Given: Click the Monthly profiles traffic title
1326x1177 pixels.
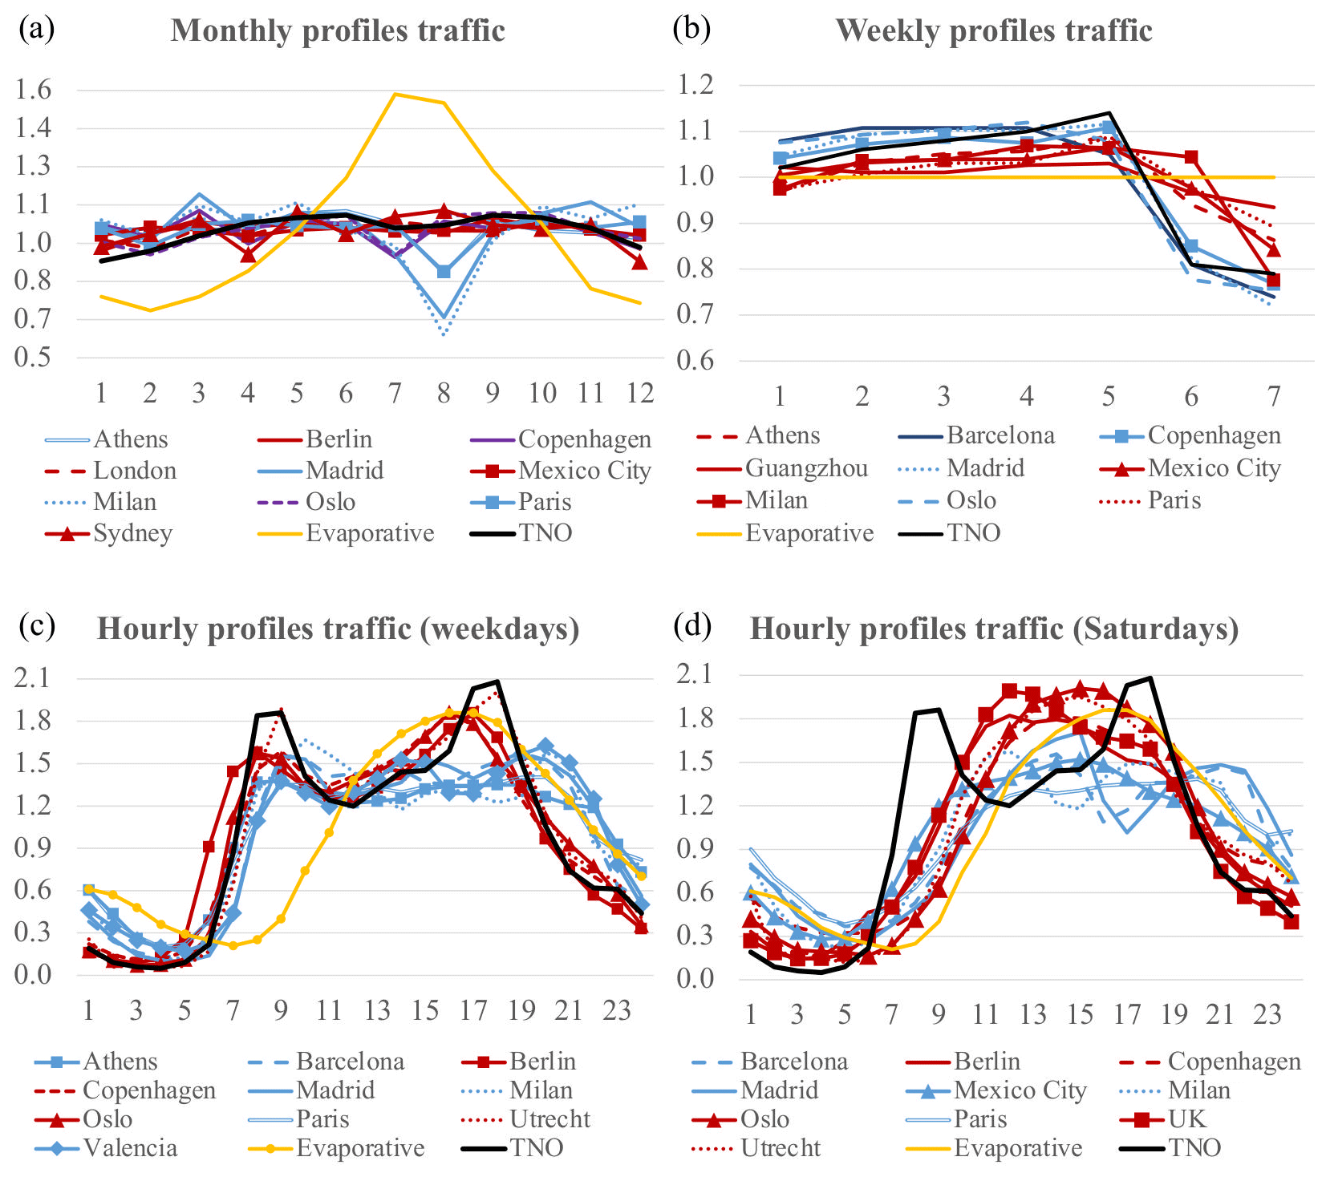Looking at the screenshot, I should (x=338, y=30).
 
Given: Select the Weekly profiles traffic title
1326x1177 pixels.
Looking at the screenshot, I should (x=994, y=30).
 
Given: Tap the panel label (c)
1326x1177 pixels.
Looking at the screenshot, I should (x=37, y=625).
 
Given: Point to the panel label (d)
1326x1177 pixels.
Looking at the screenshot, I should (x=691, y=625).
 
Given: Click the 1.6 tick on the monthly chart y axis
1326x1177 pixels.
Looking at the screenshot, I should (x=32, y=90).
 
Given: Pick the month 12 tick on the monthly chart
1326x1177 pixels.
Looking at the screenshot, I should (x=639, y=392).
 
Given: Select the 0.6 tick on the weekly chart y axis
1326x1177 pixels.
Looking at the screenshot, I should (x=695, y=361).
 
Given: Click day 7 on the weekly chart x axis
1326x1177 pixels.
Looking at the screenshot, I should (x=1273, y=395).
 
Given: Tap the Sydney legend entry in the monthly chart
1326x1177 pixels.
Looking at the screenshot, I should (x=132, y=533).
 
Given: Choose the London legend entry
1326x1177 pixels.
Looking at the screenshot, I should (x=135, y=470).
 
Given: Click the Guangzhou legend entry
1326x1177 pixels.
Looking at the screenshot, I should (x=806, y=467).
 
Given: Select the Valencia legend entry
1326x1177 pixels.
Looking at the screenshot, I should (x=130, y=1147).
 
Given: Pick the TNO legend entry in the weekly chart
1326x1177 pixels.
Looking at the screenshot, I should (x=973, y=533).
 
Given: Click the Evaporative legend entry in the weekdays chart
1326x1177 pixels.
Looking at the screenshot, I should (x=359, y=1147).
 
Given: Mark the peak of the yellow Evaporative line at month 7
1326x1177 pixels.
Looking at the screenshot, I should (x=395, y=94).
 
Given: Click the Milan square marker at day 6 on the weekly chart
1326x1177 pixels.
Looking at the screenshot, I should (x=1191, y=156).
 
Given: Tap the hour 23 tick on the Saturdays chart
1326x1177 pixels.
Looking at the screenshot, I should (x=1267, y=1014).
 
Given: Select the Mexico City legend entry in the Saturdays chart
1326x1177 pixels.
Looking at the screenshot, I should (x=1020, y=1090).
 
